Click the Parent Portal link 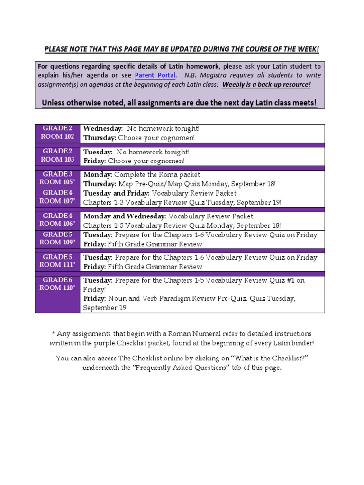[x=155, y=75]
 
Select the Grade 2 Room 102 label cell [x=58, y=133]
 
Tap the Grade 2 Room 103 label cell [x=58, y=156]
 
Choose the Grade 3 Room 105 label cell [x=58, y=179]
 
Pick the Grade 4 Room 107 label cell [x=58, y=197]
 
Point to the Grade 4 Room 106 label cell [x=58, y=220]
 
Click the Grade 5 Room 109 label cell [x=58, y=238]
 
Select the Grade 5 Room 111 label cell [x=58, y=261]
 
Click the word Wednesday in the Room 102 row [x=103, y=129]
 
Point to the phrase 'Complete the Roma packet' [x=157, y=175]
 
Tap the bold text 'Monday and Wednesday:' [x=124, y=216]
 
